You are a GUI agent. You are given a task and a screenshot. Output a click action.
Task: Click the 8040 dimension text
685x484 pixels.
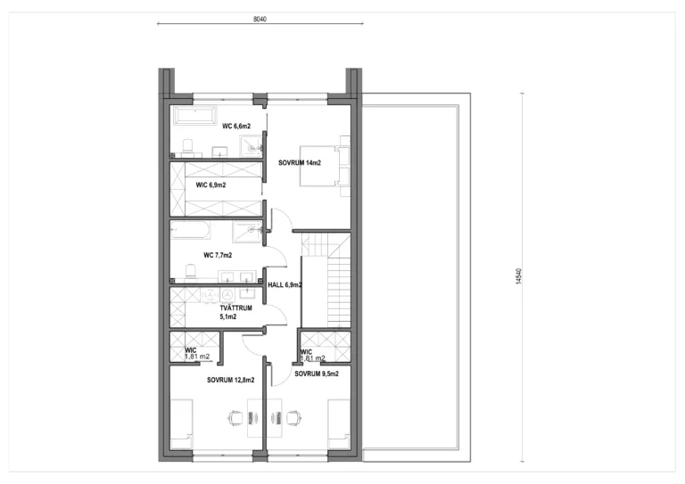click(260, 20)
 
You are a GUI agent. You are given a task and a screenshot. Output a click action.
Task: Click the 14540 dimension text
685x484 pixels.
click(518, 276)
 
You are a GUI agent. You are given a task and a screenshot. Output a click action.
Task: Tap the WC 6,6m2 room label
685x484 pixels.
click(236, 127)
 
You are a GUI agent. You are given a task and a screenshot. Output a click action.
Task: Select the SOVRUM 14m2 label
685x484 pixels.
click(300, 163)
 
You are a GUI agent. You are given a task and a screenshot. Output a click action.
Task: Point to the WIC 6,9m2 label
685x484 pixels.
click(211, 185)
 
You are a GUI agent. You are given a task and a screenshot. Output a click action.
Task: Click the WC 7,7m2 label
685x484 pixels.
click(218, 255)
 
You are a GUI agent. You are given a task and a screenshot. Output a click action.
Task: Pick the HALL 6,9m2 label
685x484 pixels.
click(285, 285)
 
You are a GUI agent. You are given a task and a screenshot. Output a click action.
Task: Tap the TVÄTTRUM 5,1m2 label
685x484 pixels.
click(235, 313)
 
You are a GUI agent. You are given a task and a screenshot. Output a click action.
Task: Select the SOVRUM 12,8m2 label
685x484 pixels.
click(231, 380)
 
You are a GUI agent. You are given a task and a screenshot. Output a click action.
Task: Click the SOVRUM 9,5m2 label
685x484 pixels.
click(317, 374)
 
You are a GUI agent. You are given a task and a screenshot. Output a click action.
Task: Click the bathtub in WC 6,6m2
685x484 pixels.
click(194, 116)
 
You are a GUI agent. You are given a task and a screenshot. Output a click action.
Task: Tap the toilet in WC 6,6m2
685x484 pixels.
click(188, 147)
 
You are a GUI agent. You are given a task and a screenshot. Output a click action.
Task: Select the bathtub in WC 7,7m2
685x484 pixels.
click(191, 230)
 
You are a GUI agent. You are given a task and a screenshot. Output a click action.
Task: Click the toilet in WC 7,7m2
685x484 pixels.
click(192, 272)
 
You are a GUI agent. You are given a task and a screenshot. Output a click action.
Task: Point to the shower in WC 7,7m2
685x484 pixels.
click(247, 232)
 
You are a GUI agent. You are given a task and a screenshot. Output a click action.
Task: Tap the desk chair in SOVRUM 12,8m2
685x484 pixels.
click(235, 418)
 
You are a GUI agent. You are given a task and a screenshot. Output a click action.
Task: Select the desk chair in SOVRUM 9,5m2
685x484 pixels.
click(293, 418)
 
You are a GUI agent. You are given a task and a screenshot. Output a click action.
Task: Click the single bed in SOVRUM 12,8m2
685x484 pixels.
click(181, 423)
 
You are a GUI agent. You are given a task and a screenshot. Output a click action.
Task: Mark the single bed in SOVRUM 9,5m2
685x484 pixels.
click(340, 423)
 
